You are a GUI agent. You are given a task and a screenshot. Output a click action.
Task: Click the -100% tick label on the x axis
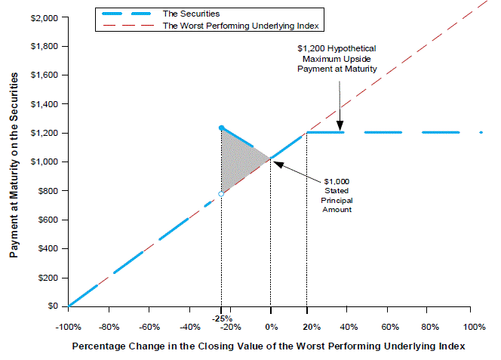(69, 327)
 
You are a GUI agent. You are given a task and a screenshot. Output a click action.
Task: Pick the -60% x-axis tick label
(149, 327)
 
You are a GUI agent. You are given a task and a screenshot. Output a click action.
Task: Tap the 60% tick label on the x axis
(390, 327)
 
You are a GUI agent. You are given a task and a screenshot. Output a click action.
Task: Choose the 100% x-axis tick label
(474, 327)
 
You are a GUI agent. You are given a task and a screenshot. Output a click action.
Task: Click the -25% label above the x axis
(221, 318)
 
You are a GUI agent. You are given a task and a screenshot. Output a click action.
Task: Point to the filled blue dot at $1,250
(221, 128)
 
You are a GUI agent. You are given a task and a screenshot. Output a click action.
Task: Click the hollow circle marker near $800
(221, 194)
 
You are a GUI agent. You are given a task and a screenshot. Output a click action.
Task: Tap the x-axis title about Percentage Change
(268, 346)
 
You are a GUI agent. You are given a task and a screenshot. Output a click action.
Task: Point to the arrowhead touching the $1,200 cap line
(340, 129)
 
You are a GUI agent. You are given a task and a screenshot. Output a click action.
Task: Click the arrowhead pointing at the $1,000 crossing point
(275, 162)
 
